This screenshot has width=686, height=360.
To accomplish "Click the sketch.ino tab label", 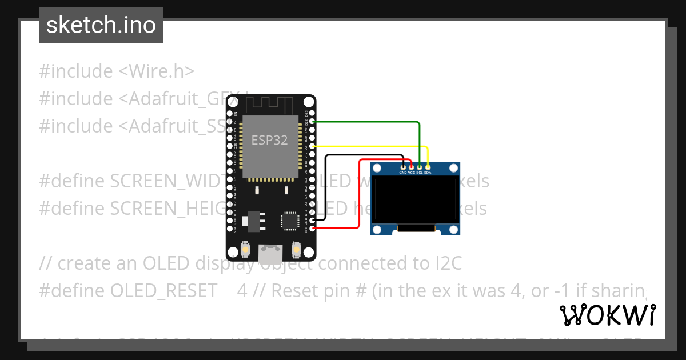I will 101,25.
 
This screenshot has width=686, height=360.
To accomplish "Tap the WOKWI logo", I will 607,315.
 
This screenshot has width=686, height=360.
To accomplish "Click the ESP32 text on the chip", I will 269,140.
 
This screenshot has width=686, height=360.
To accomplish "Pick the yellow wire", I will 372,146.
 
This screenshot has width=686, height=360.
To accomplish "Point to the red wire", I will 359,194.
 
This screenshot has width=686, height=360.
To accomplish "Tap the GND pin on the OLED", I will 403,166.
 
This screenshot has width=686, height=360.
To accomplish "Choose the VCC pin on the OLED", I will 411,166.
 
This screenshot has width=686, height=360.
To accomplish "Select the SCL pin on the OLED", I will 420,166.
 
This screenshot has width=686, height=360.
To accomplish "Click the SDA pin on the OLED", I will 428,166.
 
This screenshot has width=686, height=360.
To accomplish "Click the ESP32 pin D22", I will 312,122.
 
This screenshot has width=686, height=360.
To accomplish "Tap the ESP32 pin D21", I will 312,146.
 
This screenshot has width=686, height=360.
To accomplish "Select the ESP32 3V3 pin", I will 312,228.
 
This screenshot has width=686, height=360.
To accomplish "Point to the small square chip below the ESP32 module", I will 290,221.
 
